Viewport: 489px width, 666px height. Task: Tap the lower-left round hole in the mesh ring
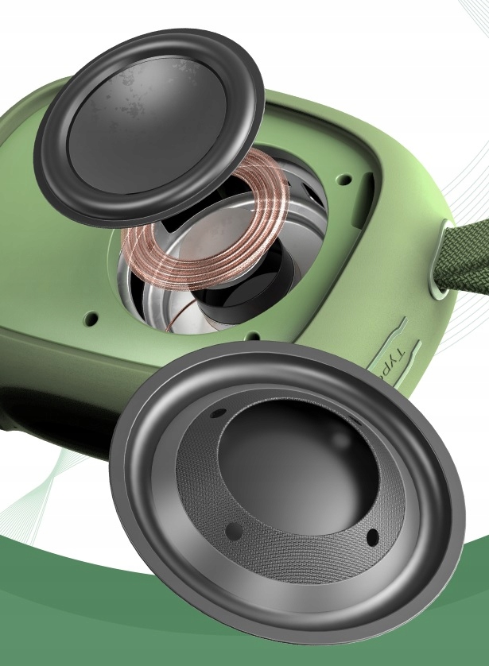(232, 529)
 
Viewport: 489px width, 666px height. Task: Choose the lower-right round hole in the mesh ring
(371, 538)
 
